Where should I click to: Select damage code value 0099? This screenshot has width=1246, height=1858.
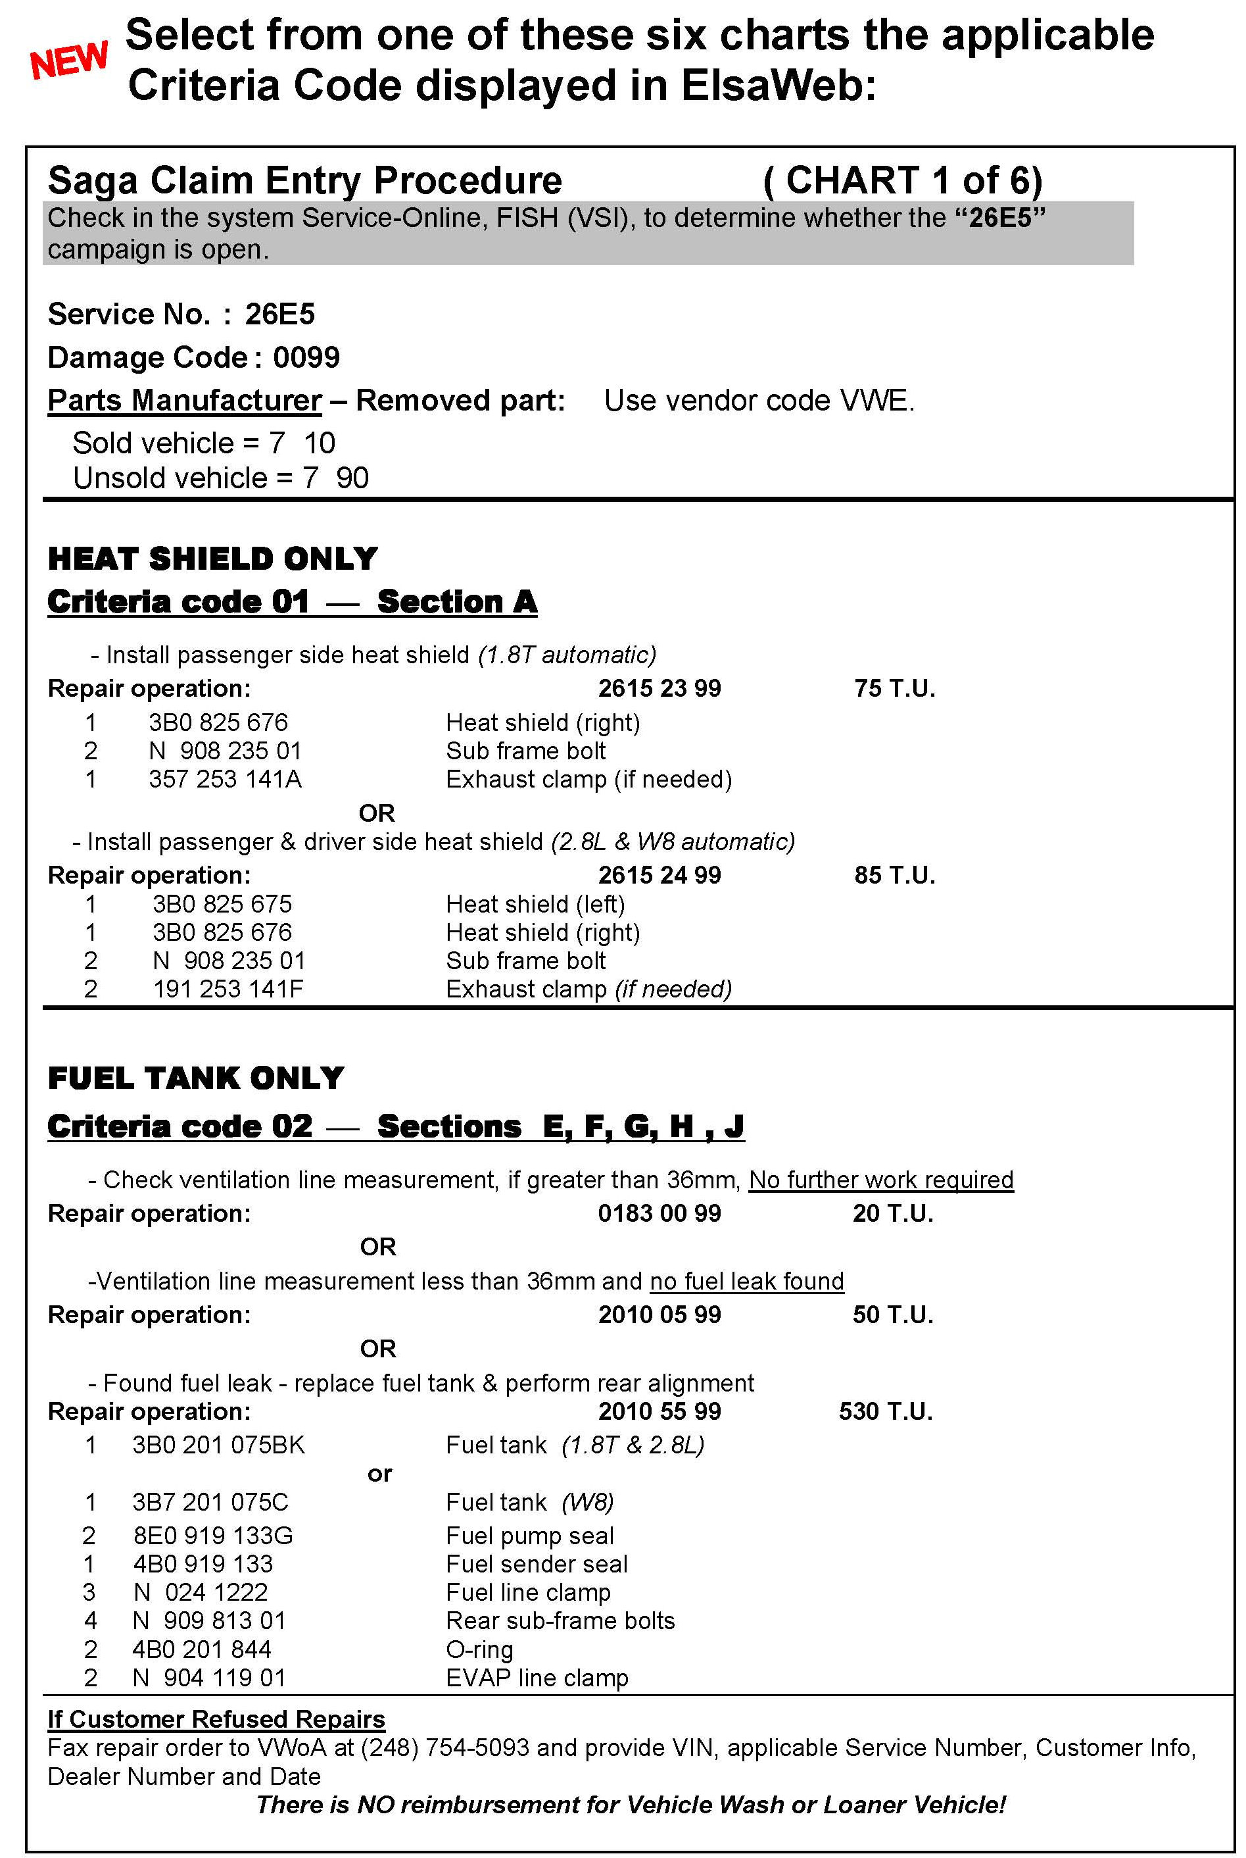point(306,358)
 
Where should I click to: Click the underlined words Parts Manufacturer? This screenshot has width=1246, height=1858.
point(184,401)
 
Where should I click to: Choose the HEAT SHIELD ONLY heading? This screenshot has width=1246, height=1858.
point(212,559)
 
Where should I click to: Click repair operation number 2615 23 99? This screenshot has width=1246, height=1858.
point(659,688)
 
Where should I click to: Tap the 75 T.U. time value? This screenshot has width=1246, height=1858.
point(895,688)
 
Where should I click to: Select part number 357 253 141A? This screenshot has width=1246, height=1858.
point(225,779)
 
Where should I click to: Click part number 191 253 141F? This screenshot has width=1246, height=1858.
point(228,989)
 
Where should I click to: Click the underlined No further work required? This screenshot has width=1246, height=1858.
point(880,1180)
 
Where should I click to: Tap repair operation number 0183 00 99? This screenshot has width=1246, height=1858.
point(659,1213)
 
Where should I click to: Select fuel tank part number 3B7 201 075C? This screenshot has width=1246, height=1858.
point(210,1502)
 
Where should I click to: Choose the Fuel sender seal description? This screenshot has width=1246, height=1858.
point(537,1564)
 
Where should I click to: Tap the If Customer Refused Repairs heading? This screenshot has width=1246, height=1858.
point(216,1719)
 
